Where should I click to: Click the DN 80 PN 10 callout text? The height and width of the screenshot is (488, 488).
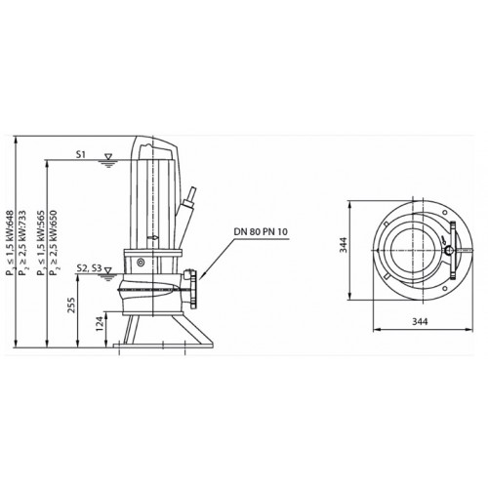[261, 231]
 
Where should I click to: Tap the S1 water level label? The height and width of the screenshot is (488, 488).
[81, 154]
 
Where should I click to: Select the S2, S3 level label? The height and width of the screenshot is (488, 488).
[89, 268]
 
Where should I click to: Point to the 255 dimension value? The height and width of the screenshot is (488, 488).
[71, 305]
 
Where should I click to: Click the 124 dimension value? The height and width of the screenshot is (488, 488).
[100, 324]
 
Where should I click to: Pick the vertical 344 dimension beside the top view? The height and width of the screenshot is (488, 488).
[344, 245]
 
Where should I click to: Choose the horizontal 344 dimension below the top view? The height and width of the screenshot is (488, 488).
[420, 321]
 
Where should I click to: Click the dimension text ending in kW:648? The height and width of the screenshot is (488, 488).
[10, 243]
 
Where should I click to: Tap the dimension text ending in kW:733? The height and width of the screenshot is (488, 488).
[22, 243]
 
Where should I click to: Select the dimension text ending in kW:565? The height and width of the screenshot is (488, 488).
[41, 243]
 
